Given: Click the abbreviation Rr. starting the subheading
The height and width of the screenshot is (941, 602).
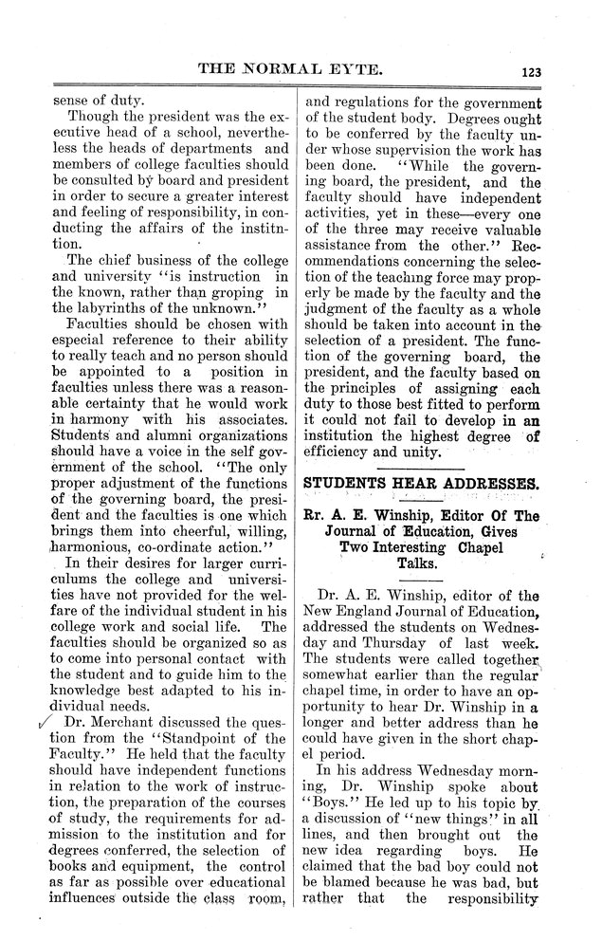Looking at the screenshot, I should pyautogui.click(x=319, y=515).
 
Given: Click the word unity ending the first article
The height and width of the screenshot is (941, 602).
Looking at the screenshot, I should pyautogui.click(x=419, y=453).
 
